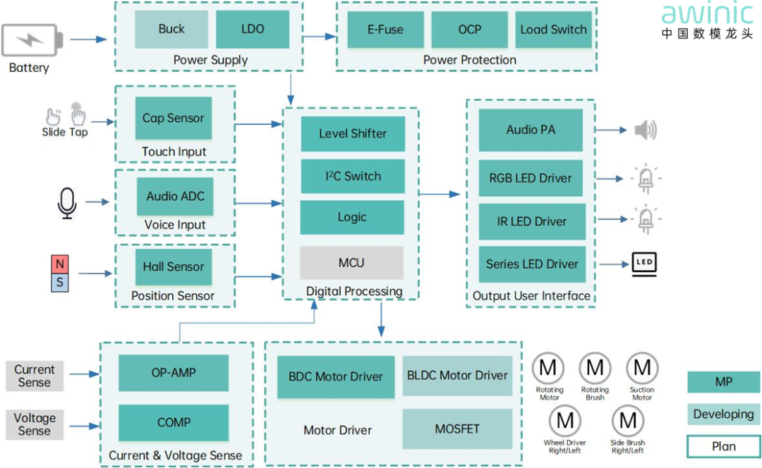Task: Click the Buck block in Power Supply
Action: pyautogui.click(x=171, y=30)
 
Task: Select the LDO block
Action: pyautogui.click(x=253, y=30)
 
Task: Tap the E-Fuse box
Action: pyautogui.click(x=385, y=30)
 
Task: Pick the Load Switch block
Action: pyautogui.click(x=553, y=30)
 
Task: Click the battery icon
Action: pyautogui.click(x=32, y=40)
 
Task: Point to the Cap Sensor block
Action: pyautogui.click(x=173, y=118)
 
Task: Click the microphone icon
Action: pyautogui.click(x=67, y=203)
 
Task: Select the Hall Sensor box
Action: pyautogui.click(x=173, y=267)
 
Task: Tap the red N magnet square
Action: pyautogui.click(x=60, y=264)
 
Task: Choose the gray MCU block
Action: pyautogui.click(x=351, y=263)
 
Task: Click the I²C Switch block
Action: pyautogui.click(x=353, y=176)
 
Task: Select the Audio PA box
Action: pyautogui.click(x=531, y=130)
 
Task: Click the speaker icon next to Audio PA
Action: pyautogui.click(x=645, y=130)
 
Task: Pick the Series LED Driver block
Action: pyautogui.click(x=532, y=264)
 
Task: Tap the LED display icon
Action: pyautogui.click(x=644, y=262)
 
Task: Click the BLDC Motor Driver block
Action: pyautogui.click(x=457, y=376)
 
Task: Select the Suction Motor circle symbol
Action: pyautogui.click(x=642, y=367)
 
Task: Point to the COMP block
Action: pyautogui.click(x=174, y=423)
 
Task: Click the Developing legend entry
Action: pyautogui.click(x=723, y=414)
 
